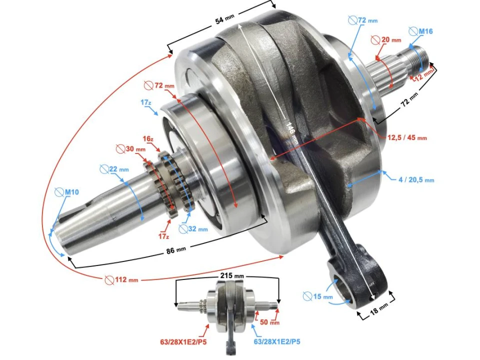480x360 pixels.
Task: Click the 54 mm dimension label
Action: (224, 20)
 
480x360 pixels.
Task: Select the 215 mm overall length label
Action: (232, 276)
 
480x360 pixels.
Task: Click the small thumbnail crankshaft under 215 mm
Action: (227, 305)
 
